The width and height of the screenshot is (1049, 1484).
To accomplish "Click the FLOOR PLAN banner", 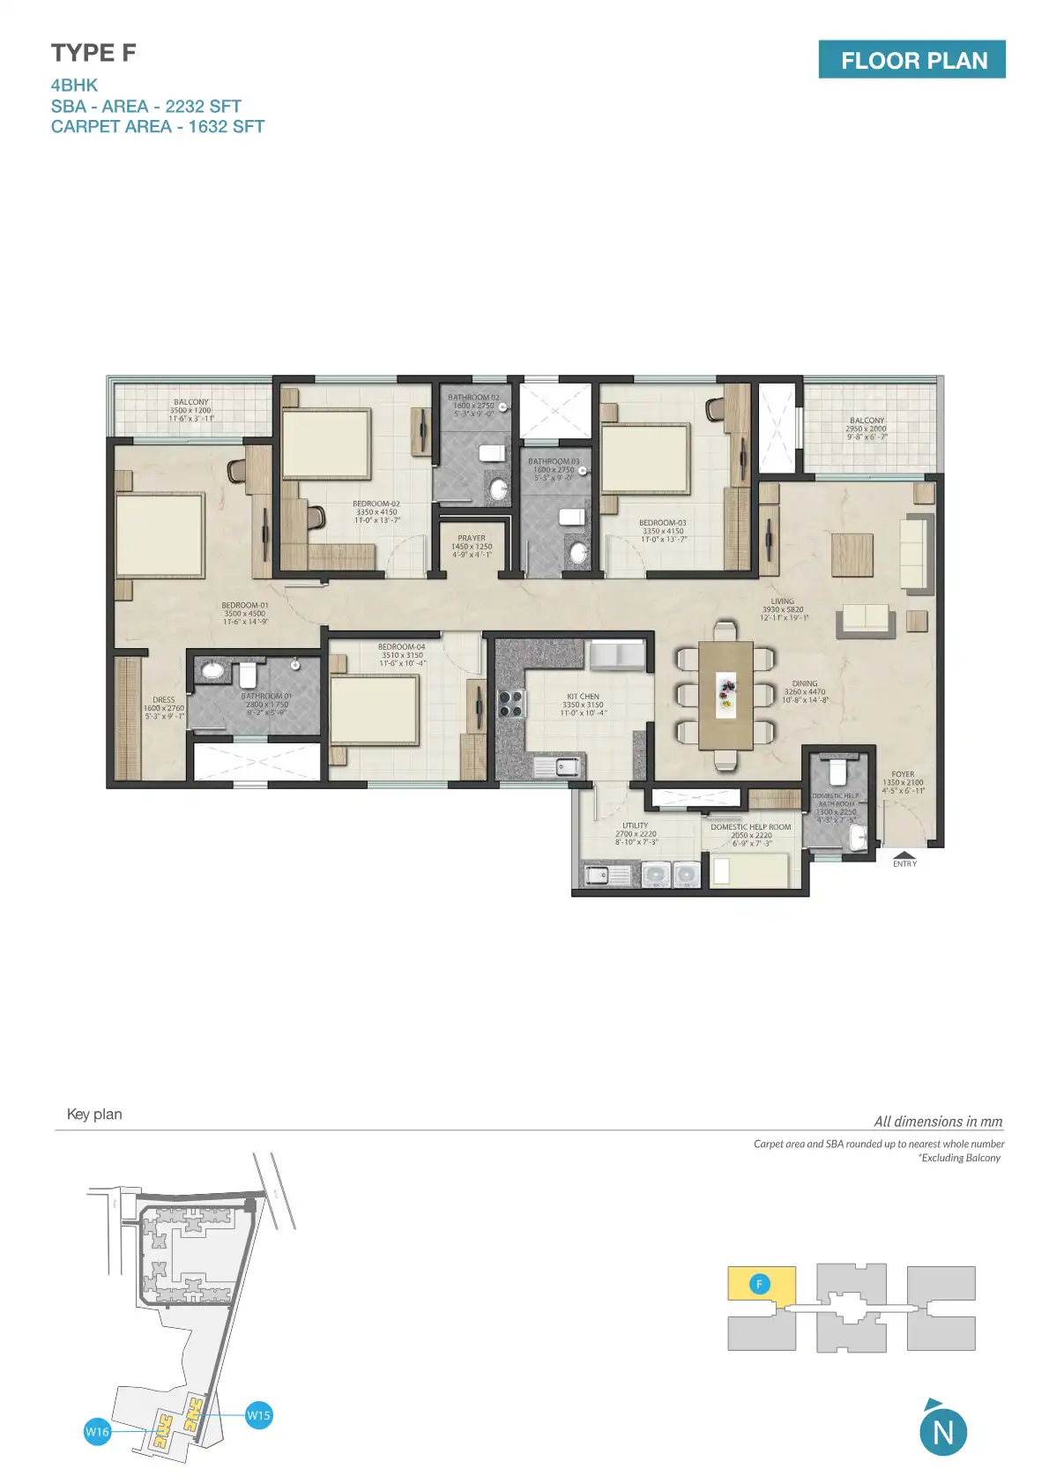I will point(911,60).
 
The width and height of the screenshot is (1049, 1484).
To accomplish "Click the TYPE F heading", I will point(93,53).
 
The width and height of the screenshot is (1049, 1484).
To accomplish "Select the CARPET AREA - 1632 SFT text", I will point(157,126).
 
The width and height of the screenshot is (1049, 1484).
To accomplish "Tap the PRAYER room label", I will point(472,538).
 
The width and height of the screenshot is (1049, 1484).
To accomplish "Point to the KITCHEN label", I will point(583,697).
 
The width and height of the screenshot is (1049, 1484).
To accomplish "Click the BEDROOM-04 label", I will point(402,647).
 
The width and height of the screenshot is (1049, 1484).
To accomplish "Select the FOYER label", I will point(903,774).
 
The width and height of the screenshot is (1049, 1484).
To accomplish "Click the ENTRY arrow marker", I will point(904,855).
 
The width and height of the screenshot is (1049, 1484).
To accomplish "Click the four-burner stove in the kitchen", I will point(511,703).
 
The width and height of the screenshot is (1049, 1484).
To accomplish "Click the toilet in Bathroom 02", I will point(492,453).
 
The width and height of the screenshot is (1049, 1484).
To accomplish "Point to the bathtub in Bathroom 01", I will point(213,670).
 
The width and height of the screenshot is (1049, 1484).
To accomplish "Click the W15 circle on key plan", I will point(258,1415).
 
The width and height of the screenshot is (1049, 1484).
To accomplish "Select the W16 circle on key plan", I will point(97,1431).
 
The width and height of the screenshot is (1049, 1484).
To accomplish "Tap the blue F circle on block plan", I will point(759,1284).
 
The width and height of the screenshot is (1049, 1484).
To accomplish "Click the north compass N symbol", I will point(942,1432).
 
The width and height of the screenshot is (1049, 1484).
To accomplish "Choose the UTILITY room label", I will point(635,826).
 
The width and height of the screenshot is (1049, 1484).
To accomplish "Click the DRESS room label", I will point(164,700).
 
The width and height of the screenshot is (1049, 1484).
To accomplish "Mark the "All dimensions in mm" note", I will point(938,1122).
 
